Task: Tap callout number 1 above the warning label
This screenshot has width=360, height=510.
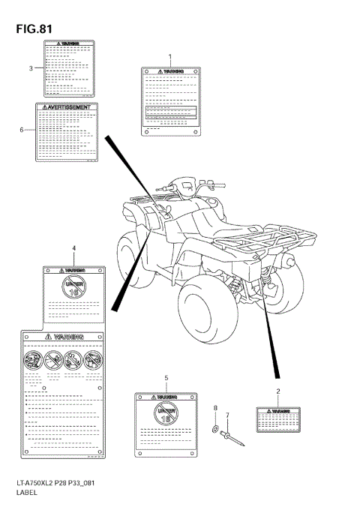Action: click(170, 57)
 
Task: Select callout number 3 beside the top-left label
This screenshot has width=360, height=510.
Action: click(31, 68)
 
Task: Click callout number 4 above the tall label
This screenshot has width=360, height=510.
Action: click(73, 247)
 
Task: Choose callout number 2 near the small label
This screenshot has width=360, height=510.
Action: click(277, 391)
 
